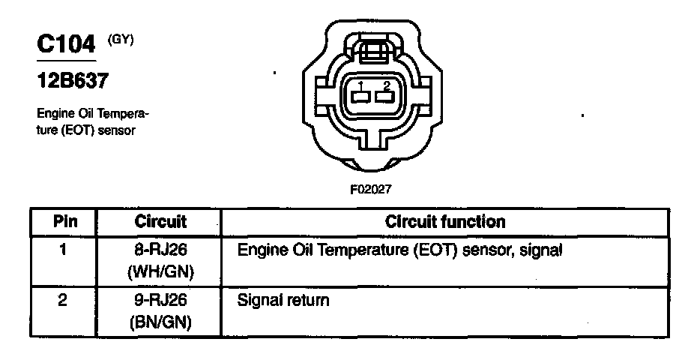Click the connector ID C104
tap(67, 44)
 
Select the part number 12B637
tap(70, 79)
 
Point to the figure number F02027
tap(370, 190)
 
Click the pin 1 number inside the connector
tap(360, 85)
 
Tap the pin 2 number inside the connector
tap(385, 85)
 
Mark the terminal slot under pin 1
tap(360, 97)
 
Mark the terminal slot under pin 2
tap(385, 97)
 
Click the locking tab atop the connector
tap(372, 51)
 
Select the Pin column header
tap(64, 222)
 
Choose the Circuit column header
tap(160, 222)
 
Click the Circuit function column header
tap(444, 222)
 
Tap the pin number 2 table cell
tap(64, 301)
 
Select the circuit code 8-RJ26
tap(160, 249)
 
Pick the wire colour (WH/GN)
tap(160, 270)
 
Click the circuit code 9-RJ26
tap(160, 301)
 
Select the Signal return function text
tap(283, 301)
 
